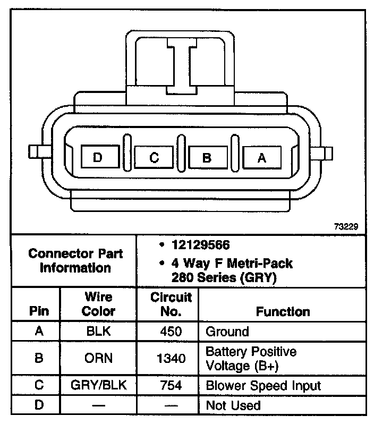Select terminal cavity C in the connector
(x=154, y=157)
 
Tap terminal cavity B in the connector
(x=207, y=158)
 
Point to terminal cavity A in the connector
(x=261, y=158)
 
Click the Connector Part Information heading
(x=75, y=260)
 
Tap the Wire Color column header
(x=99, y=304)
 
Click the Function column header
(x=283, y=311)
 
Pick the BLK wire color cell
(x=99, y=332)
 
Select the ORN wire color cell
(x=99, y=358)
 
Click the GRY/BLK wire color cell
(x=99, y=385)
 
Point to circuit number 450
(x=171, y=332)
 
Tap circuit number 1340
(x=171, y=359)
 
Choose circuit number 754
(x=171, y=385)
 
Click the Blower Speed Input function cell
(x=263, y=385)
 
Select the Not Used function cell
(x=233, y=405)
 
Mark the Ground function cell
(x=227, y=332)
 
